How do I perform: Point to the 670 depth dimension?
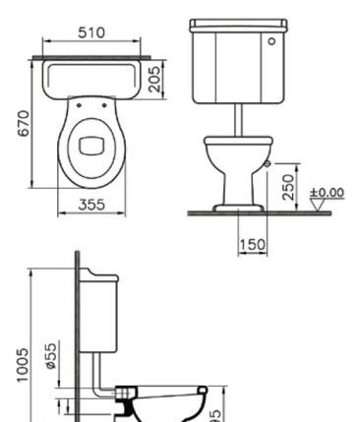[x=22, y=123]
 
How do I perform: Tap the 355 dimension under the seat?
[x=91, y=206]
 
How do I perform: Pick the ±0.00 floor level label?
[x=328, y=191]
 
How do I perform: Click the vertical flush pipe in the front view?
[x=238, y=116]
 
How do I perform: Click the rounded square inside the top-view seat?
[x=91, y=140]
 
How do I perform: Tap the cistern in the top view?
[x=91, y=78]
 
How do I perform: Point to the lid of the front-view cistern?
[x=236, y=24]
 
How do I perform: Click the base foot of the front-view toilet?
[x=236, y=204]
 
